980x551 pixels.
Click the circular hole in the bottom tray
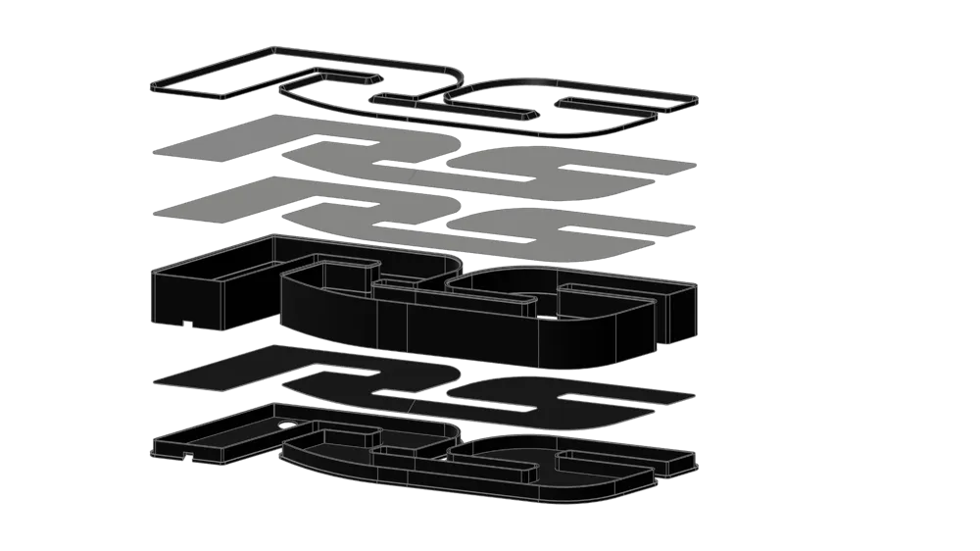click(x=288, y=426)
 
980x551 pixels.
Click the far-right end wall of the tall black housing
click(x=682, y=313)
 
